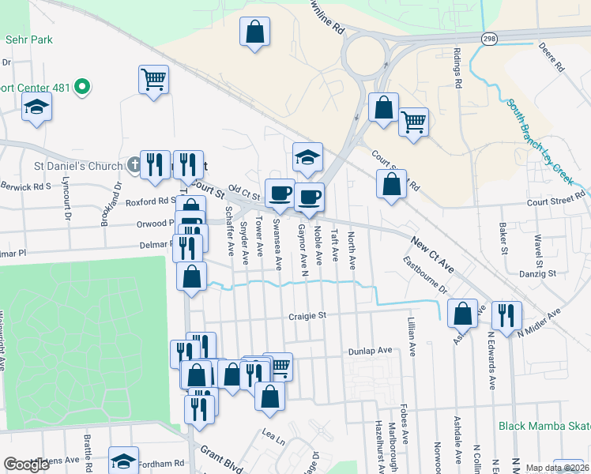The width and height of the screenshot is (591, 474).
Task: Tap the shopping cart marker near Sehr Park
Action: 154,79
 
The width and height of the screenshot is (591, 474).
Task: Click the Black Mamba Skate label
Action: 544,426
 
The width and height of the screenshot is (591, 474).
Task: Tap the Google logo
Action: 27,465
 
